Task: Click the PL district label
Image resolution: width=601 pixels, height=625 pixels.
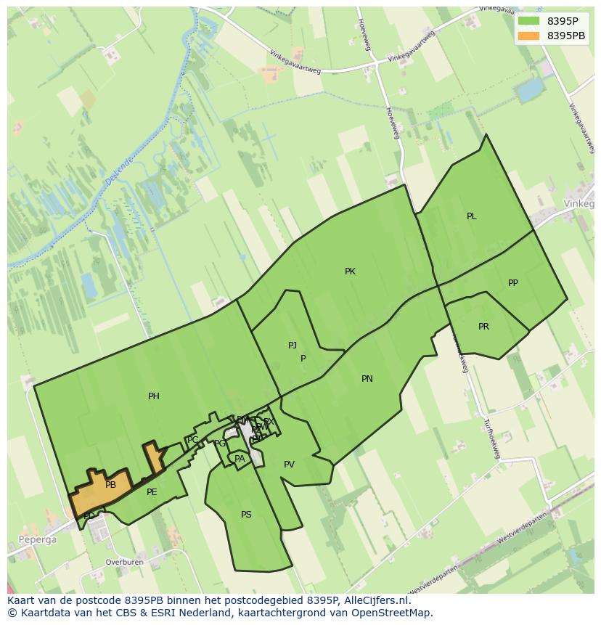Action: click(x=471, y=216)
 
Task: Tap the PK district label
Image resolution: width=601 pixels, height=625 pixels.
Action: click(x=350, y=271)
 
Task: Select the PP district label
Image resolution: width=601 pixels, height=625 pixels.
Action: click(x=513, y=283)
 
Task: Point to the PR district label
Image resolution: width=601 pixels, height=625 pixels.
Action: click(x=483, y=327)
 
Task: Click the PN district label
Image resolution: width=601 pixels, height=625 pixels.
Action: click(x=367, y=379)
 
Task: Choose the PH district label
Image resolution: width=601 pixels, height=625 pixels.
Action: click(x=154, y=396)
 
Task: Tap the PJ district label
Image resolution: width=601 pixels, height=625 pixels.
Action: click(x=293, y=346)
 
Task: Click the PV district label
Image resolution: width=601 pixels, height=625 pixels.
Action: click(x=289, y=465)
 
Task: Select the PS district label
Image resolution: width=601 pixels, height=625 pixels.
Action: click(x=246, y=515)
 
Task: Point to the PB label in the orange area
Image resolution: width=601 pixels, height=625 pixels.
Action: click(x=110, y=485)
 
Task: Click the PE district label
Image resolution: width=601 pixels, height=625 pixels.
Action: click(x=152, y=492)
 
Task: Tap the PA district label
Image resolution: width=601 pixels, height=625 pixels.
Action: click(x=240, y=459)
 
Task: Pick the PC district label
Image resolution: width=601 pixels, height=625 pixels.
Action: click(x=193, y=440)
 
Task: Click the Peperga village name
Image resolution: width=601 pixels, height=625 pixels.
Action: click(x=32, y=540)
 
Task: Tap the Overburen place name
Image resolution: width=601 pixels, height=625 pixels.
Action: click(x=124, y=562)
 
